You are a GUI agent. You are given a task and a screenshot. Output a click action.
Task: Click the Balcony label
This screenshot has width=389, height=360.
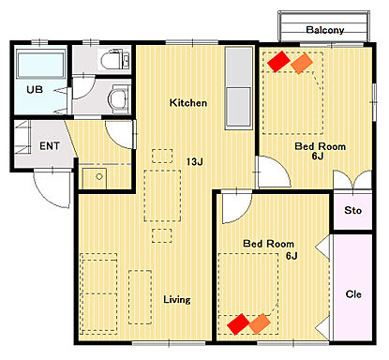[325, 30]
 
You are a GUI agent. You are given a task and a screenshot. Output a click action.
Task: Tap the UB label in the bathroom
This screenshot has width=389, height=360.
[35, 90]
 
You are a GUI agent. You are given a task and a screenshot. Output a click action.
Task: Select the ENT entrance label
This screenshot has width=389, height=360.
[50, 145]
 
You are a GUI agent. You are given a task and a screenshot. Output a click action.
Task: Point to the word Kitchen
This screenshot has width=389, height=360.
[188, 102]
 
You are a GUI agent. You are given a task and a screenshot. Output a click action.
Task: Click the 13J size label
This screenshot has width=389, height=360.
[194, 162]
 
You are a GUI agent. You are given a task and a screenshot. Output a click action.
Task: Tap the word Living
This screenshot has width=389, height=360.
[177, 299]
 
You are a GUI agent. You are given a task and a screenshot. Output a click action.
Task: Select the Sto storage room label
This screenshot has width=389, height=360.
[353, 210]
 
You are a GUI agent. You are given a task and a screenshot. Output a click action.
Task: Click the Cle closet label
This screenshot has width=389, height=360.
[353, 294]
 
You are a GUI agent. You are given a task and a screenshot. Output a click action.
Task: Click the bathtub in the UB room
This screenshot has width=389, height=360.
[41, 65]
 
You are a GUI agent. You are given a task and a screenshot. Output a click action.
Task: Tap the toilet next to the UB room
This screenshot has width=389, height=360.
[115, 59]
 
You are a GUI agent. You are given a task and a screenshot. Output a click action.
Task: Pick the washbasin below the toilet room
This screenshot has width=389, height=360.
[119, 98]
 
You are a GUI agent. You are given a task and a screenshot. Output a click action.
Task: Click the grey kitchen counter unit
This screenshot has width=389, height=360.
[239, 88]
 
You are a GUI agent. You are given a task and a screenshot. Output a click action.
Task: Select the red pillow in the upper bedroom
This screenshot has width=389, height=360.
[278, 61]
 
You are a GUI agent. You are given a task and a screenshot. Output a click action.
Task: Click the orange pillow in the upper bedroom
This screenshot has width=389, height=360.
[302, 64]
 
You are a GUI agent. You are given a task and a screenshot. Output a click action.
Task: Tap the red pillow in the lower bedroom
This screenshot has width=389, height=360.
[238, 324]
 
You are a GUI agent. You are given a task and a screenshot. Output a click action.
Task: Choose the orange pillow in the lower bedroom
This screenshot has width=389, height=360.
[260, 323]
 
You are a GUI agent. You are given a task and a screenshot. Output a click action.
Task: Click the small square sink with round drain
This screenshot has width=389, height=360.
[95, 178]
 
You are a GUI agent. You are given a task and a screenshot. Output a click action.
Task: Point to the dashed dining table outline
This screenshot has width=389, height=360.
[162, 196]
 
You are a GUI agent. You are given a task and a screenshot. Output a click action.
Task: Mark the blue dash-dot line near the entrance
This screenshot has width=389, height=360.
[105, 164]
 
